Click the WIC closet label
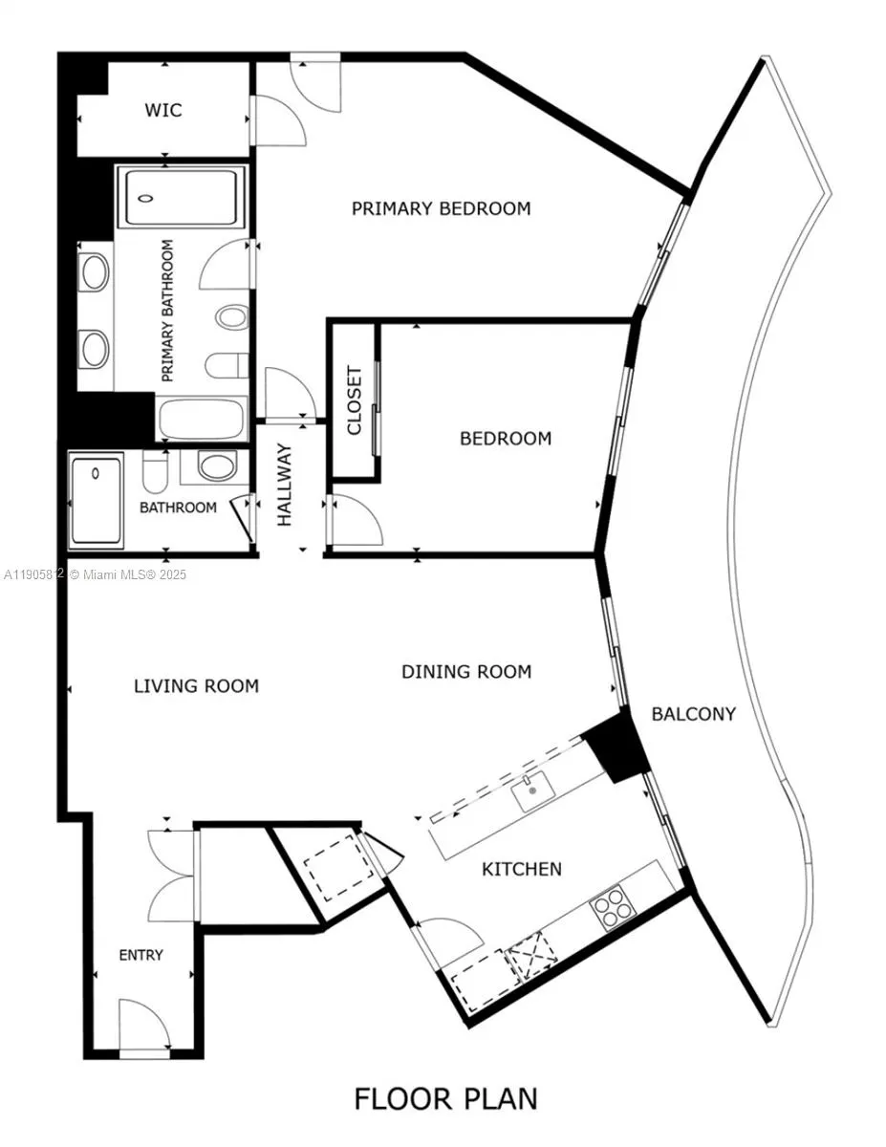[x=162, y=110]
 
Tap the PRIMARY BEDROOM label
[x=441, y=208]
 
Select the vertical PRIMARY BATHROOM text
[x=168, y=311]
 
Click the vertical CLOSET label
[x=355, y=400]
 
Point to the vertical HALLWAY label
[x=285, y=485]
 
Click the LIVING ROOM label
[x=196, y=685]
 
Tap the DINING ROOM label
[x=465, y=672]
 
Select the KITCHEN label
[x=521, y=869]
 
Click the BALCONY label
[x=694, y=713]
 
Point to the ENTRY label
[x=140, y=955]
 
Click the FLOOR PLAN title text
[x=445, y=1098]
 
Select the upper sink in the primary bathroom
[x=95, y=273]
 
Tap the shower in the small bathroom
[x=97, y=502]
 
